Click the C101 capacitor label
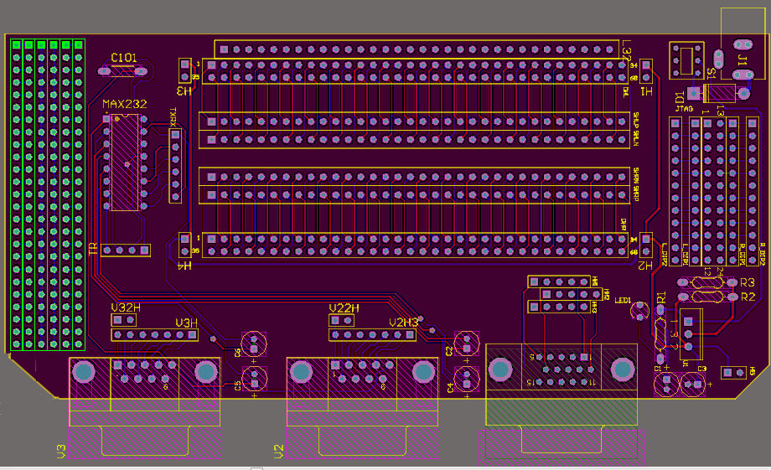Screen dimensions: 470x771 click(124, 57)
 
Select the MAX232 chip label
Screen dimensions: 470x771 click(124, 105)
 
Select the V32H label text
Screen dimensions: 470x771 click(126, 308)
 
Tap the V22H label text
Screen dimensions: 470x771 click(344, 308)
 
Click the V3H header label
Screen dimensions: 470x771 click(186, 323)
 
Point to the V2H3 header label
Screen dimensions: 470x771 click(403, 323)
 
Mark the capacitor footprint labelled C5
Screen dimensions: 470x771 click(254, 379)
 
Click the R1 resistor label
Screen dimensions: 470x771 click(661, 297)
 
